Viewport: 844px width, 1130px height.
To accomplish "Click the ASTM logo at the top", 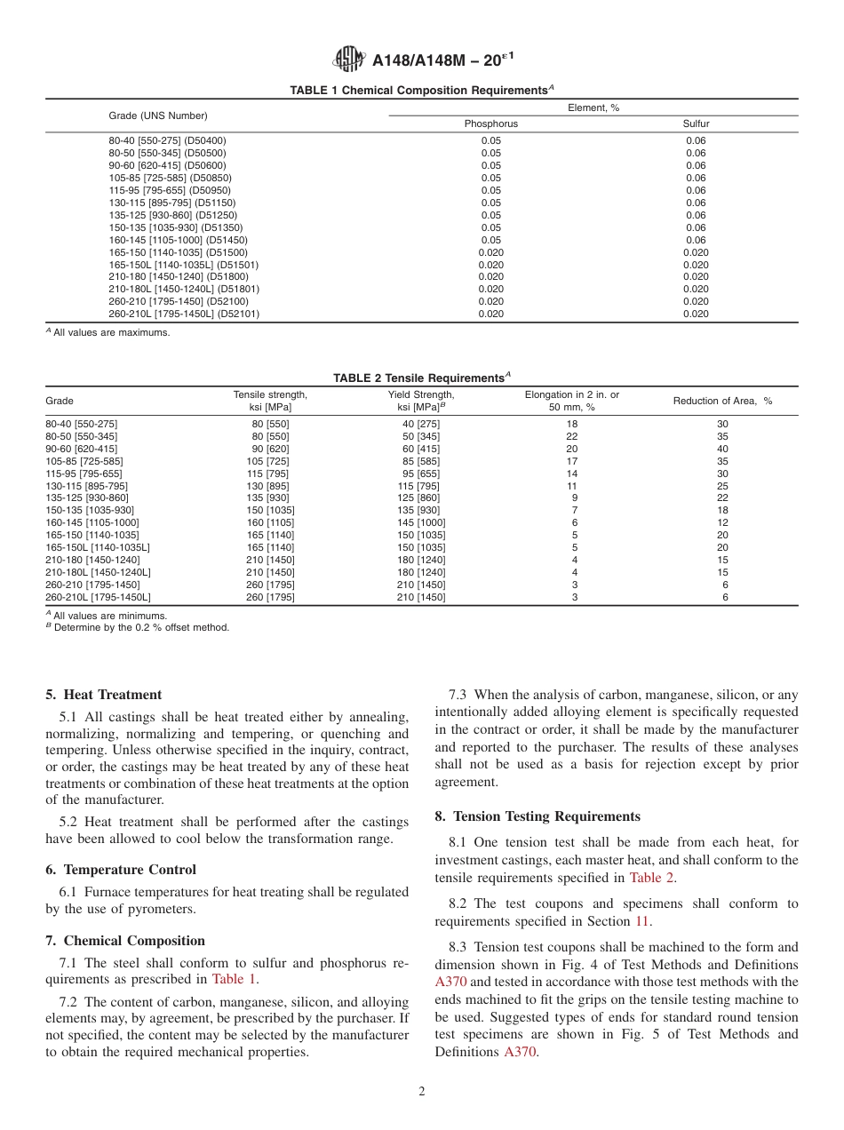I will [348, 60].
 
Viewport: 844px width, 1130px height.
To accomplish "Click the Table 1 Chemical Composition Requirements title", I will [421, 91].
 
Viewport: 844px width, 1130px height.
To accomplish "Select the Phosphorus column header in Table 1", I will [490, 123].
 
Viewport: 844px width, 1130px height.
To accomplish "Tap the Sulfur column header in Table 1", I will [696, 123].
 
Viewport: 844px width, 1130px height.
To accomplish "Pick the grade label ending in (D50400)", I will [167, 140].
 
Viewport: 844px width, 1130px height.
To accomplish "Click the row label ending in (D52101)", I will [184, 314].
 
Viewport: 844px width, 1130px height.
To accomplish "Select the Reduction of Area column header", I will [722, 401].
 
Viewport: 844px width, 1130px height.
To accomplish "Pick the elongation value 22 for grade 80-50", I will [572, 436].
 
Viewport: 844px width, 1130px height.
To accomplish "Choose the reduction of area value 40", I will [722, 449].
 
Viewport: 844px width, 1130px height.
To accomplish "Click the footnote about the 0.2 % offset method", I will [138, 627].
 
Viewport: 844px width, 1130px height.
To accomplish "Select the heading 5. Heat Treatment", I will [103, 695].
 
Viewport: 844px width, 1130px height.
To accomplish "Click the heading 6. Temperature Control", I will [121, 870].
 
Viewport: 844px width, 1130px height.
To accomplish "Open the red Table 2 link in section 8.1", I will [652, 878].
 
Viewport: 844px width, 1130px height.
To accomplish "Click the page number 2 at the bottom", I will [422, 1092].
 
